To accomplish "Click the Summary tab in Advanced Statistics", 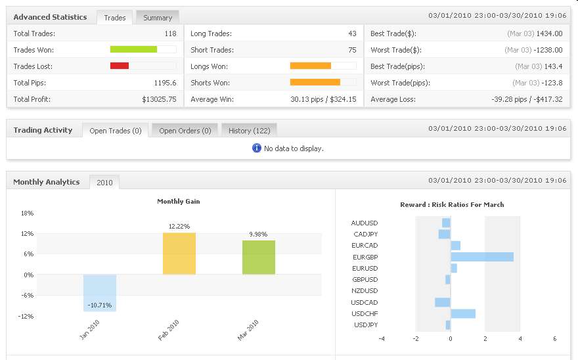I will [x=158, y=18].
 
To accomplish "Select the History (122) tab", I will [x=249, y=131].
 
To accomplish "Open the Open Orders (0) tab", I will [x=185, y=131].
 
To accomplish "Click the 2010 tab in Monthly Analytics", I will [x=104, y=183].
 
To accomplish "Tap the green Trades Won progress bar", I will [x=133, y=49].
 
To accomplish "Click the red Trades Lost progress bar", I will [x=120, y=66].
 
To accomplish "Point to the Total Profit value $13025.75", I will [x=159, y=99].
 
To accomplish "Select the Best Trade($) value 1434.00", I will [x=549, y=34].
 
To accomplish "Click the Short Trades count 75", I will [x=352, y=50].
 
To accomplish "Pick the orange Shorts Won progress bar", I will [x=315, y=82].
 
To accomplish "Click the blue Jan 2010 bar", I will [x=100, y=292].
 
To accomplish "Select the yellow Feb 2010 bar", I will [x=179, y=253].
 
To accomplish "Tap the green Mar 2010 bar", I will [x=259, y=257].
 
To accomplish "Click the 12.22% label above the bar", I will [x=179, y=227].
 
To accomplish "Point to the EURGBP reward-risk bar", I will [x=482, y=257].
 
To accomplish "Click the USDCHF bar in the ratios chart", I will [x=463, y=314].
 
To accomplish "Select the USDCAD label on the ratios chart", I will [x=365, y=303].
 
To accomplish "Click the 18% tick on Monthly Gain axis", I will [x=27, y=214].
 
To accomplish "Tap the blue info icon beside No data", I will [x=257, y=148].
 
